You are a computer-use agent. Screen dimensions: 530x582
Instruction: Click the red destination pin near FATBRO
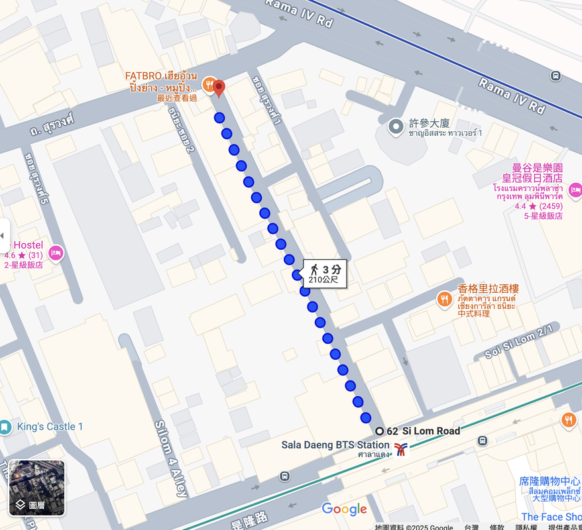(x=219, y=87)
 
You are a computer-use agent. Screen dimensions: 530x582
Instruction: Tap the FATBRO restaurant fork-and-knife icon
(x=207, y=84)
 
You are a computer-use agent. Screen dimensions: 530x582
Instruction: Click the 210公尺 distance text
(x=323, y=280)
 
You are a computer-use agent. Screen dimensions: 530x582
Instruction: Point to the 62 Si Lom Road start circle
(x=380, y=431)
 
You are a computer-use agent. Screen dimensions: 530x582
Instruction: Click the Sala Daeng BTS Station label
(x=335, y=445)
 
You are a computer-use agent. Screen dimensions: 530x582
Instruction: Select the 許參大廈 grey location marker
(x=396, y=125)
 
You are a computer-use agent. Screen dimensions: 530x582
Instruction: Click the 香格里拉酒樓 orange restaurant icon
(x=444, y=300)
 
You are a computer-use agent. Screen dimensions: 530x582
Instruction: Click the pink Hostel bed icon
(x=56, y=252)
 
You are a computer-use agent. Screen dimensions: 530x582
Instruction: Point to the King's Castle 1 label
(x=50, y=427)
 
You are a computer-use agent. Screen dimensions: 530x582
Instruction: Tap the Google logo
(x=344, y=509)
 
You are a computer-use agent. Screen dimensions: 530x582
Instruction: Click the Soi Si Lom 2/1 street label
(x=519, y=342)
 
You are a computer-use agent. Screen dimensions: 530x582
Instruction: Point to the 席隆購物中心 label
(x=550, y=482)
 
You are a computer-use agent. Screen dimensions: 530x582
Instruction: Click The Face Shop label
(x=551, y=517)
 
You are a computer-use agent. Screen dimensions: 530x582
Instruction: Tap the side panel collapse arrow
(x=4, y=235)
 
